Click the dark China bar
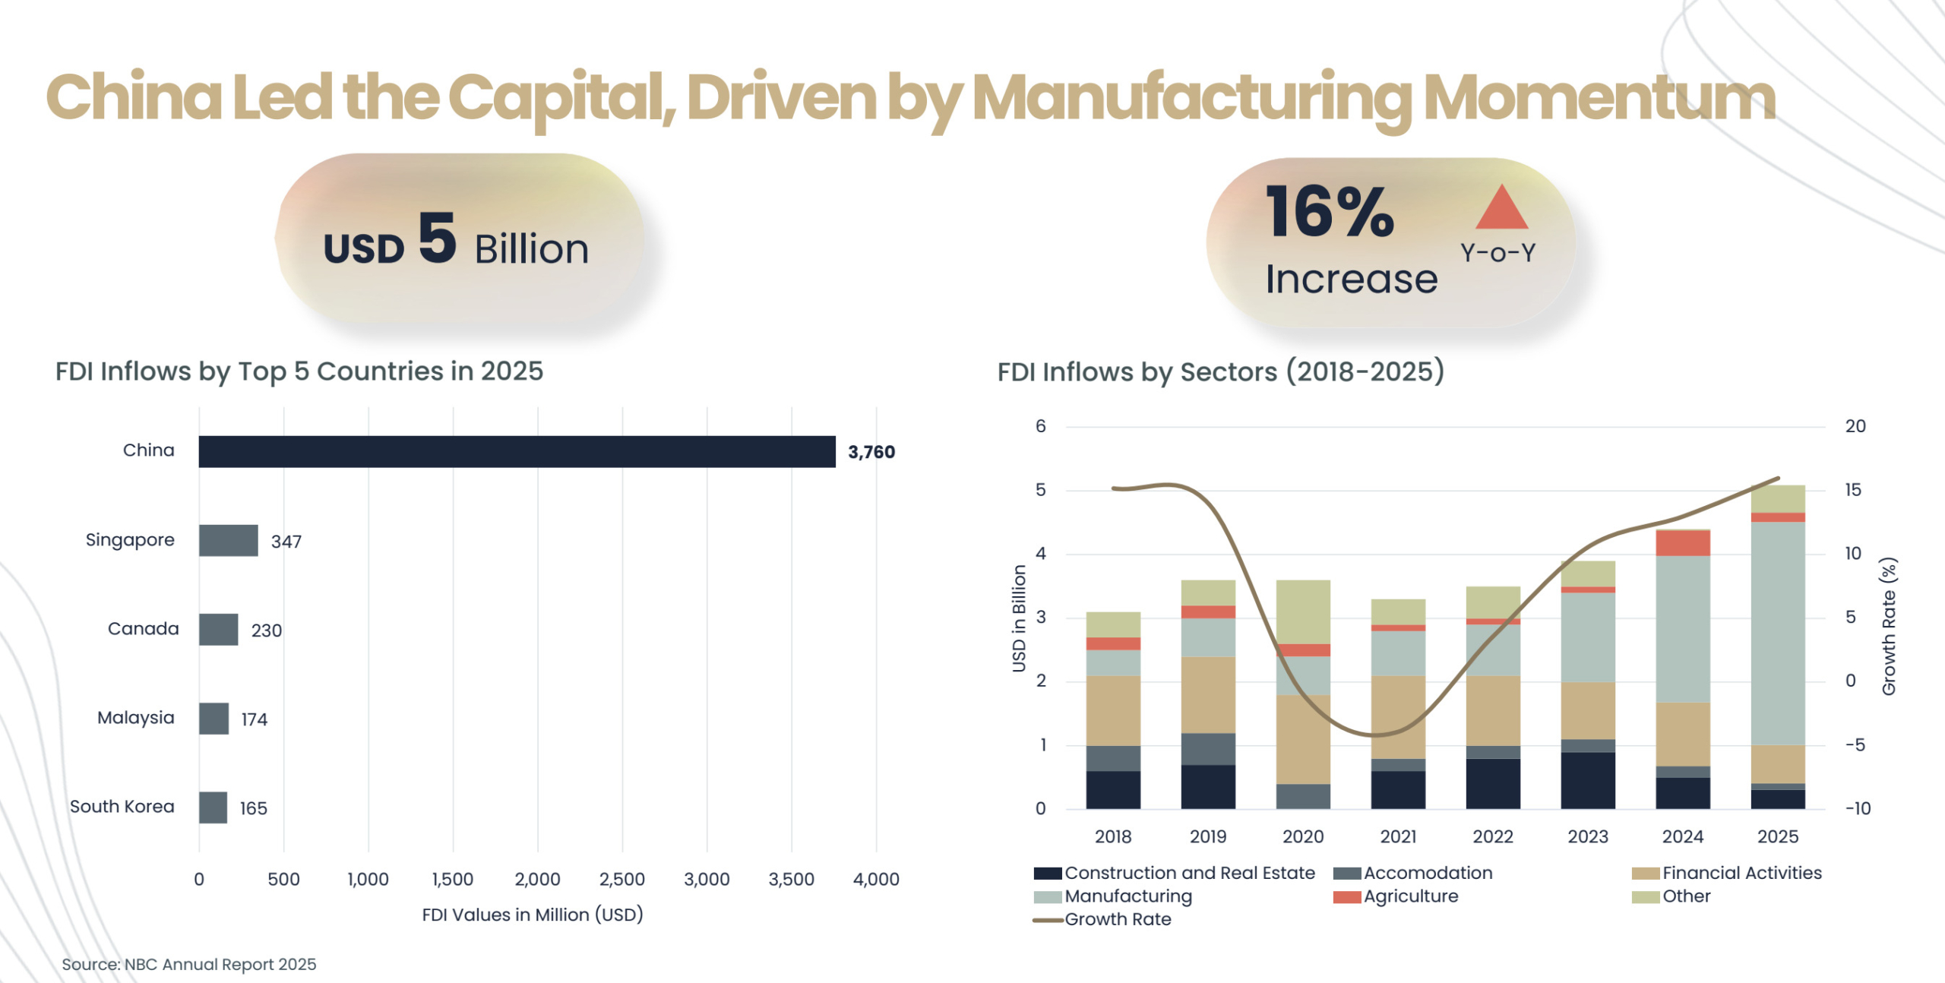517,451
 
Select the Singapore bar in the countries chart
228,540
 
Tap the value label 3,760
871,452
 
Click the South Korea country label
122,806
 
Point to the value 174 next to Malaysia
254,719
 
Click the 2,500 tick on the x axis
621,879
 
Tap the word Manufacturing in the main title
1191,99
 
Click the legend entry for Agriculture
1409,896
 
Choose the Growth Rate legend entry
1117,919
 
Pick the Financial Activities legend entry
1741,873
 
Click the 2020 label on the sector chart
1302,836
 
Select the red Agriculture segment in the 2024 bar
1682,542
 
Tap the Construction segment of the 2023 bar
1587,779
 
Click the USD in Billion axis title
1019,618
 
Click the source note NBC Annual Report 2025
188,964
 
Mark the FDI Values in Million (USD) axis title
532,915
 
